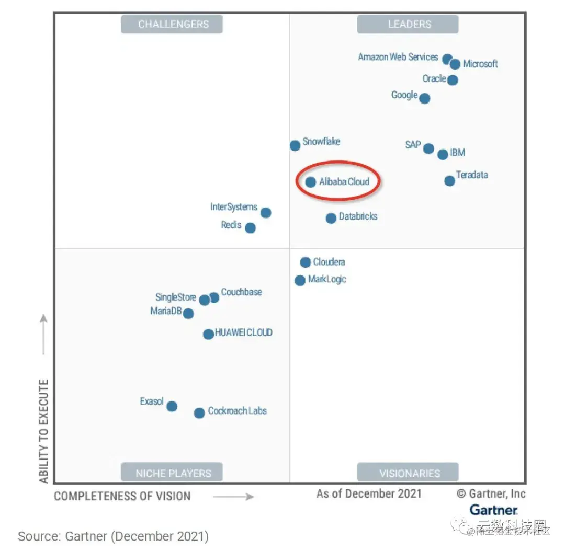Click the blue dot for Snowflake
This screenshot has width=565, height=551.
pyautogui.click(x=295, y=145)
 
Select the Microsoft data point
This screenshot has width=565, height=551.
pyautogui.click(x=455, y=64)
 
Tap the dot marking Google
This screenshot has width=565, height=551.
pyautogui.click(x=425, y=98)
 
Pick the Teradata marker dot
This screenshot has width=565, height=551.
pyautogui.click(x=450, y=181)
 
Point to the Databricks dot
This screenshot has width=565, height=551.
pyautogui.click(x=331, y=219)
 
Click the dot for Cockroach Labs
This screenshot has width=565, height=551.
pyautogui.click(x=199, y=413)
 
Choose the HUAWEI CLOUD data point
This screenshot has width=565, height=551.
pyautogui.click(x=208, y=334)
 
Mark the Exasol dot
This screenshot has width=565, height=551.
pyautogui.click(x=172, y=406)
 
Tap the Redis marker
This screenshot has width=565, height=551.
pyautogui.click(x=251, y=228)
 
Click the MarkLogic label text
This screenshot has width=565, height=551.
pyautogui.click(x=327, y=279)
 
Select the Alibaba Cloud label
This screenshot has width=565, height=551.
pyautogui.click(x=344, y=182)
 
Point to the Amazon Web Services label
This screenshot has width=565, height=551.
pyautogui.click(x=398, y=57)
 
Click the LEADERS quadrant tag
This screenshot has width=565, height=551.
pyautogui.click(x=410, y=24)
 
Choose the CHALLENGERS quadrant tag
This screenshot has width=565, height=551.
pyautogui.click(x=173, y=24)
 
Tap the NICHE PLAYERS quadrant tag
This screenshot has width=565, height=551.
pyautogui.click(x=173, y=473)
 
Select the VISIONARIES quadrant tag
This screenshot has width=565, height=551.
pyautogui.click(x=410, y=473)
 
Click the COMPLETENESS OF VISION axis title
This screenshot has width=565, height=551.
pyautogui.click(x=122, y=496)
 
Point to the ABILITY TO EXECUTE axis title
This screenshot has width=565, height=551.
pyautogui.click(x=44, y=431)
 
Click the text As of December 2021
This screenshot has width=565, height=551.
pyautogui.click(x=369, y=493)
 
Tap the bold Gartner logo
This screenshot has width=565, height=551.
pyautogui.click(x=493, y=510)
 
